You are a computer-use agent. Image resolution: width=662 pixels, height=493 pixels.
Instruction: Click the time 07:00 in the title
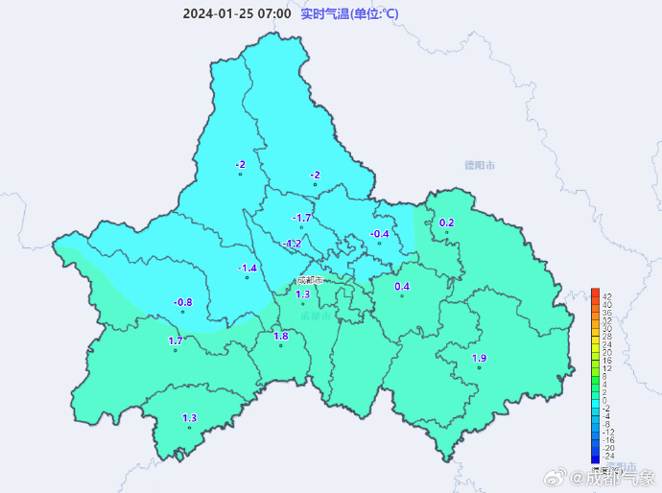click(272, 13)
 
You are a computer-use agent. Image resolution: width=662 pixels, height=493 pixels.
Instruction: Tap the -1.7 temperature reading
click(301, 219)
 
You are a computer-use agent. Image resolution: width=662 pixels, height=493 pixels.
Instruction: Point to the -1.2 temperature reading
click(292, 244)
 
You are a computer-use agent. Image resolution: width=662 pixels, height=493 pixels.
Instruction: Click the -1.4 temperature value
click(247, 268)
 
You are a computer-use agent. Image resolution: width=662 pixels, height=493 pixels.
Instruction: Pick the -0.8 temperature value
click(182, 302)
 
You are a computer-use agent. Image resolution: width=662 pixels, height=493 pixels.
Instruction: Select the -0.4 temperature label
click(380, 234)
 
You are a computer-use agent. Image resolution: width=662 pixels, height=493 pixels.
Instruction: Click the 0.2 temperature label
click(446, 223)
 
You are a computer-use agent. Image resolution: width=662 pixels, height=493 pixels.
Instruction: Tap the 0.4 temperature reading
click(402, 286)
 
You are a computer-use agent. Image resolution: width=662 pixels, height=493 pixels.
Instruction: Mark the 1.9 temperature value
click(479, 359)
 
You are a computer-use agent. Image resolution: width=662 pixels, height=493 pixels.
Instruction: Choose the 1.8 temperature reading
click(281, 336)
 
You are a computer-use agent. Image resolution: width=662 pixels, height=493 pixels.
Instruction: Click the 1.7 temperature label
click(176, 340)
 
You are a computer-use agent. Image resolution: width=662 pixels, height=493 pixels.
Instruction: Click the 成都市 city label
click(309, 280)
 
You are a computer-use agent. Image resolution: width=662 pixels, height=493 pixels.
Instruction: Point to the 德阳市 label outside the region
click(479, 165)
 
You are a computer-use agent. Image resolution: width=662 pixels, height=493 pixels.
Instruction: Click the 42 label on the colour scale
click(606, 296)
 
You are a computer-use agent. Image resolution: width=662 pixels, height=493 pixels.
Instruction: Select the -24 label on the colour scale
click(605, 456)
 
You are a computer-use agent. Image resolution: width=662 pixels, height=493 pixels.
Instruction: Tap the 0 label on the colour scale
click(605, 401)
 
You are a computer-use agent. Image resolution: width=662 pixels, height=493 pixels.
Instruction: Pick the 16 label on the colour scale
click(605, 361)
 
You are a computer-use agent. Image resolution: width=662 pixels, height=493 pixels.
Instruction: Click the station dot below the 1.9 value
click(479, 367)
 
